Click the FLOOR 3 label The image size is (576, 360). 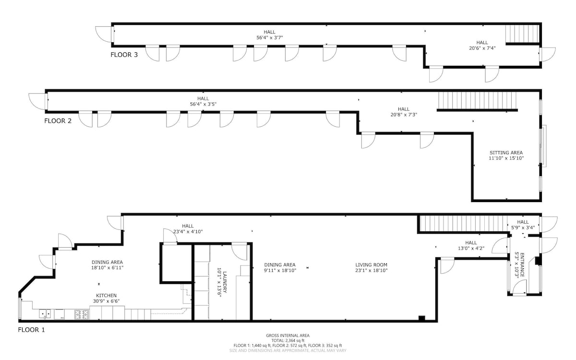tap(124, 55)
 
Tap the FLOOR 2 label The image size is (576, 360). tap(58, 121)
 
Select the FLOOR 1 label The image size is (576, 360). tap(31, 330)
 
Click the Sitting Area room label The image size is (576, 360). tap(506, 153)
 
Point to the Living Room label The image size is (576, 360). tap(372, 264)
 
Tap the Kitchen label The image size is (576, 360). tap(106, 296)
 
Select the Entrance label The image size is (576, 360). tap(522, 265)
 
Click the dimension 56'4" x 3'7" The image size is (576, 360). tap(269, 37)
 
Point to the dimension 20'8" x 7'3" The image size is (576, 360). tap(404, 115)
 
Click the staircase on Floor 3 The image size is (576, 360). tap(522, 34)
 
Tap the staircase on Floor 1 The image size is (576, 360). tap(463, 224)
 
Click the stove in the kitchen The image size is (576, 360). tap(82, 314)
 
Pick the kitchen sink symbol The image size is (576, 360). tap(45, 314)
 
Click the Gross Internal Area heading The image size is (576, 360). tap(288, 336)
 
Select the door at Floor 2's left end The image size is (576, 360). tap(38, 102)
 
